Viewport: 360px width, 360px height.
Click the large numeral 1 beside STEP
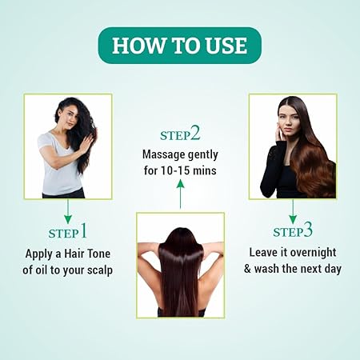(x=84, y=230)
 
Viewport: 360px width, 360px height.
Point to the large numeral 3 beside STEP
(x=308, y=230)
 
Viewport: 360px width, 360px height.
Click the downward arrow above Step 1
(x=68, y=211)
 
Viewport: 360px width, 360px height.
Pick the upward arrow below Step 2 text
(x=181, y=194)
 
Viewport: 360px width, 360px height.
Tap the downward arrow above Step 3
(x=293, y=211)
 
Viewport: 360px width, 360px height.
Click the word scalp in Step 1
(x=98, y=270)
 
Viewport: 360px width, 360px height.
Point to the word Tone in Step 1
(x=98, y=254)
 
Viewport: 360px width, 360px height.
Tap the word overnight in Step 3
(x=313, y=253)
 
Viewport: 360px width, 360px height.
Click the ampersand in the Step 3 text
(x=247, y=269)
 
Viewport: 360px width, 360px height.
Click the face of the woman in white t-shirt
(x=70, y=118)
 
